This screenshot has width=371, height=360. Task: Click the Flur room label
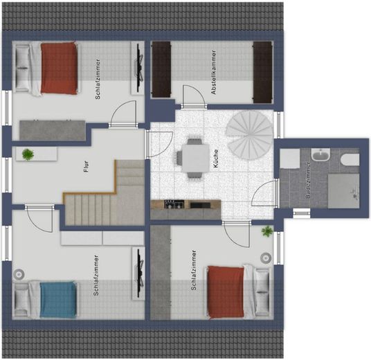click(87, 166)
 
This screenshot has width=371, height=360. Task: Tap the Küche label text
click(216, 159)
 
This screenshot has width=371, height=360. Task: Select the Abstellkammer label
click(214, 72)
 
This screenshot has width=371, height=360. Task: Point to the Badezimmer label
click(307, 180)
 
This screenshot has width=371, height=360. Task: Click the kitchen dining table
click(195, 158)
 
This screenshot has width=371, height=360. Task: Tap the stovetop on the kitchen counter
click(174, 204)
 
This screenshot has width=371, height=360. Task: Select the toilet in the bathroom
click(350, 159)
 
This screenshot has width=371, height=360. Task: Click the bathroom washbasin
click(320, 155)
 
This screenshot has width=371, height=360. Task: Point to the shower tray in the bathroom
click(343, 191)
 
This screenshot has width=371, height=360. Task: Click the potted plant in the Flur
click(28, 154)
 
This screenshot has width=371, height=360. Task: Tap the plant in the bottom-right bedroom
click(267, 231)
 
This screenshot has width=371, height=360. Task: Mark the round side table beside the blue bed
click(19, 274)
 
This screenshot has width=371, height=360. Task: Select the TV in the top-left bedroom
click(139, 69)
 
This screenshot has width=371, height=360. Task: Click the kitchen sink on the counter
click(200, 205)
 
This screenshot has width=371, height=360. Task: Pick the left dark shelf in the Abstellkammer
click(161, 69)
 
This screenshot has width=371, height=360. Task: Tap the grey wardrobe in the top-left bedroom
click(53, 130)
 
